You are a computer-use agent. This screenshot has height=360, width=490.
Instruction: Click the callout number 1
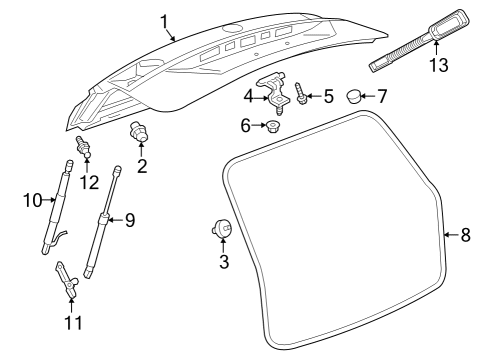(164, 22)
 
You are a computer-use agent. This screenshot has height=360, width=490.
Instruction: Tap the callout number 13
(439, 65)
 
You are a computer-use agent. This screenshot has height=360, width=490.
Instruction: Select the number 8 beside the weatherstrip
(466, 235)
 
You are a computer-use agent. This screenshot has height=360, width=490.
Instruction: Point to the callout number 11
(73, 322)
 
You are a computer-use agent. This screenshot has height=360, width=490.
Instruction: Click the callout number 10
(33, 200)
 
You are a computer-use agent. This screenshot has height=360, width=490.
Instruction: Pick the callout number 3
(224, 261)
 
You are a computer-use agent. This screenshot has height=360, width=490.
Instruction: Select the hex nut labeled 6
(273, 126)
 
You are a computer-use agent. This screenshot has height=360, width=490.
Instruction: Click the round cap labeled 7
(354, 96)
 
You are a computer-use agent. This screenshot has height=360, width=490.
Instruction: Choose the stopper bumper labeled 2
(139, 132)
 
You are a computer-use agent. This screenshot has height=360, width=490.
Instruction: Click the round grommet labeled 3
(221, 228)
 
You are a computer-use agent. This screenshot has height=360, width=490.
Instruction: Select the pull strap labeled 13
(419, 40)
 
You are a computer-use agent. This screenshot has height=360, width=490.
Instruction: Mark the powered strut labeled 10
(56, 207)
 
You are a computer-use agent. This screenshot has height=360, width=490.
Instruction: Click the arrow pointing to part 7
(368, 96)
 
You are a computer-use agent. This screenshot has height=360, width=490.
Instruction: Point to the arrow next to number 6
(259, 125)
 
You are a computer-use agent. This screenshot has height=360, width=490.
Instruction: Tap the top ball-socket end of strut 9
(117, 171)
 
